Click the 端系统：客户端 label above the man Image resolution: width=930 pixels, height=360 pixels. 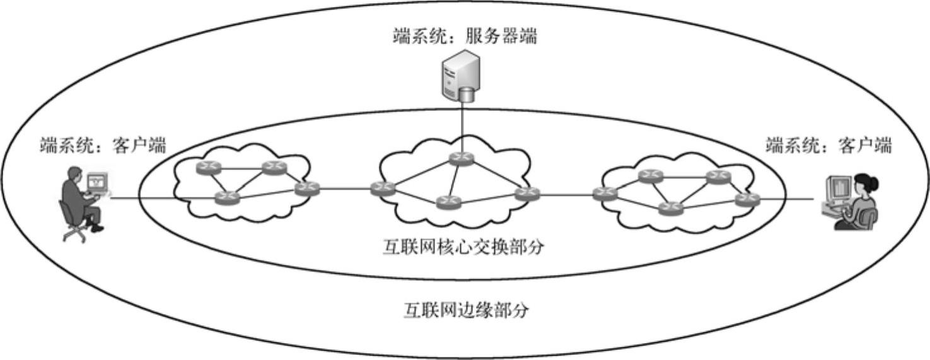coord(103,146)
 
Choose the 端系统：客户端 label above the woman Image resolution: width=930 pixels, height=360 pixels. coord(828,146)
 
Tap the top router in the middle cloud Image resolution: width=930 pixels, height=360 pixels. coord(459,158)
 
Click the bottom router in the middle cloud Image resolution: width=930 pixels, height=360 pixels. coord(449,202)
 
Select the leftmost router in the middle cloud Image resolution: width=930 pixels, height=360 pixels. coord(382,188)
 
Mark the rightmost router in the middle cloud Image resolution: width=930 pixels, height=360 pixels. coord(527,194)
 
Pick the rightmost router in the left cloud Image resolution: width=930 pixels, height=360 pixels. coord(307,188)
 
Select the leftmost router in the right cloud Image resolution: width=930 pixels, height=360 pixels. coord(606,194)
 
